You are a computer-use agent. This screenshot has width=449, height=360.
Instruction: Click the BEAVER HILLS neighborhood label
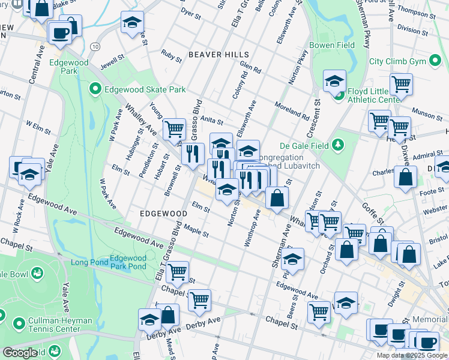(218, 55)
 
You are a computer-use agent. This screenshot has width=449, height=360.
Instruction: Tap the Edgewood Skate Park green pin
(95, 89)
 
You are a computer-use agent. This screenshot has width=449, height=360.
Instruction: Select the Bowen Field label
(332, 45)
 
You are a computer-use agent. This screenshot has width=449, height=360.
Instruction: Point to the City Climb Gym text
(397, 61)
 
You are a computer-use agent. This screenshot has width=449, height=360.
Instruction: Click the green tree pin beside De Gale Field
(338, 145)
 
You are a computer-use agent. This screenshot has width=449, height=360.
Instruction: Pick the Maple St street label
(196, 231)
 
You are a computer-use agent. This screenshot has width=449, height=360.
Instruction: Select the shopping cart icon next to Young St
(174, 128)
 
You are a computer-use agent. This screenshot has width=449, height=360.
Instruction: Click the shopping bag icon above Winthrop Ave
(277, 197)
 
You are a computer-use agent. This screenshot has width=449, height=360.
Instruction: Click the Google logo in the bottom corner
(20, 353)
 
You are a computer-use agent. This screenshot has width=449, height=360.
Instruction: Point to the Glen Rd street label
(250, 69)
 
